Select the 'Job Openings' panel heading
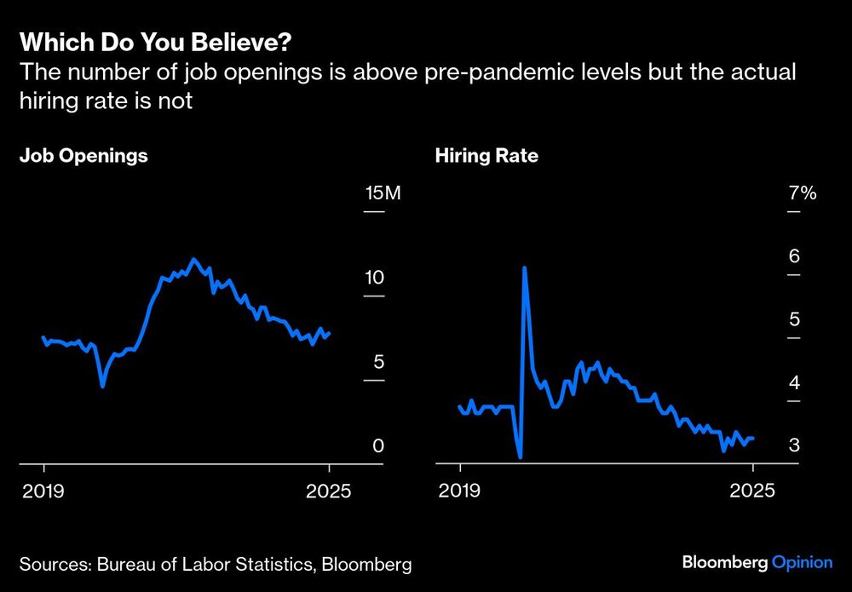pos(83,156)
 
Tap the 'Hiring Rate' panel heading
pos(486,156)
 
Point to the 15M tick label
pos(382,193)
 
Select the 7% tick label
pos(802,193)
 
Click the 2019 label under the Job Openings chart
pos(43,491)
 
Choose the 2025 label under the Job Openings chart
pos(329,491)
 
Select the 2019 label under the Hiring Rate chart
pos(460,491)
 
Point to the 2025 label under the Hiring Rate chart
pos(753,491)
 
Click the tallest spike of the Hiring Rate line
pos(524,267)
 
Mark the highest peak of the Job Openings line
pos(194,259)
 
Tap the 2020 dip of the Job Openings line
pos(102,386)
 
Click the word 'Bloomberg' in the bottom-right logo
pos(724,562)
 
